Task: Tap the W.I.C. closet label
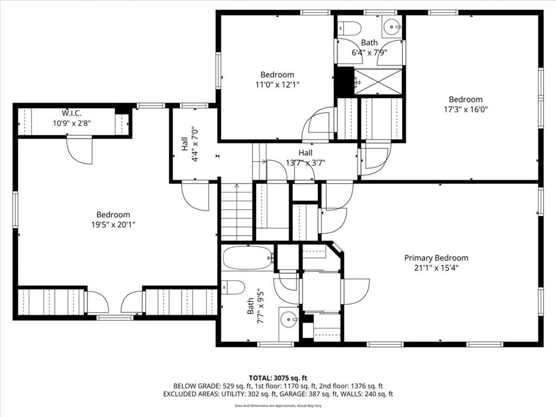point(72,113)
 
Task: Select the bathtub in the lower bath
point(248,258)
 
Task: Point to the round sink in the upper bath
point(392,26)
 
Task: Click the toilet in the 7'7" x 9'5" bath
point(233,287)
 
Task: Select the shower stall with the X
point(378,82)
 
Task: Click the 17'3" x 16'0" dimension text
point(465,109)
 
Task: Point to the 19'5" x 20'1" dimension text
point(113,224)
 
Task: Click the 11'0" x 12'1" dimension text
point(277,84)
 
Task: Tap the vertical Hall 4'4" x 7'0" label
point(189,144)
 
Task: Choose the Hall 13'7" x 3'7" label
point(305,158)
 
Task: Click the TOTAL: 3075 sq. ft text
point(277,378)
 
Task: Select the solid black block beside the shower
point(345,81)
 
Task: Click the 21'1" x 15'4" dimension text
point(436,268)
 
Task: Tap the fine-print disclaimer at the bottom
point(278,406)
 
